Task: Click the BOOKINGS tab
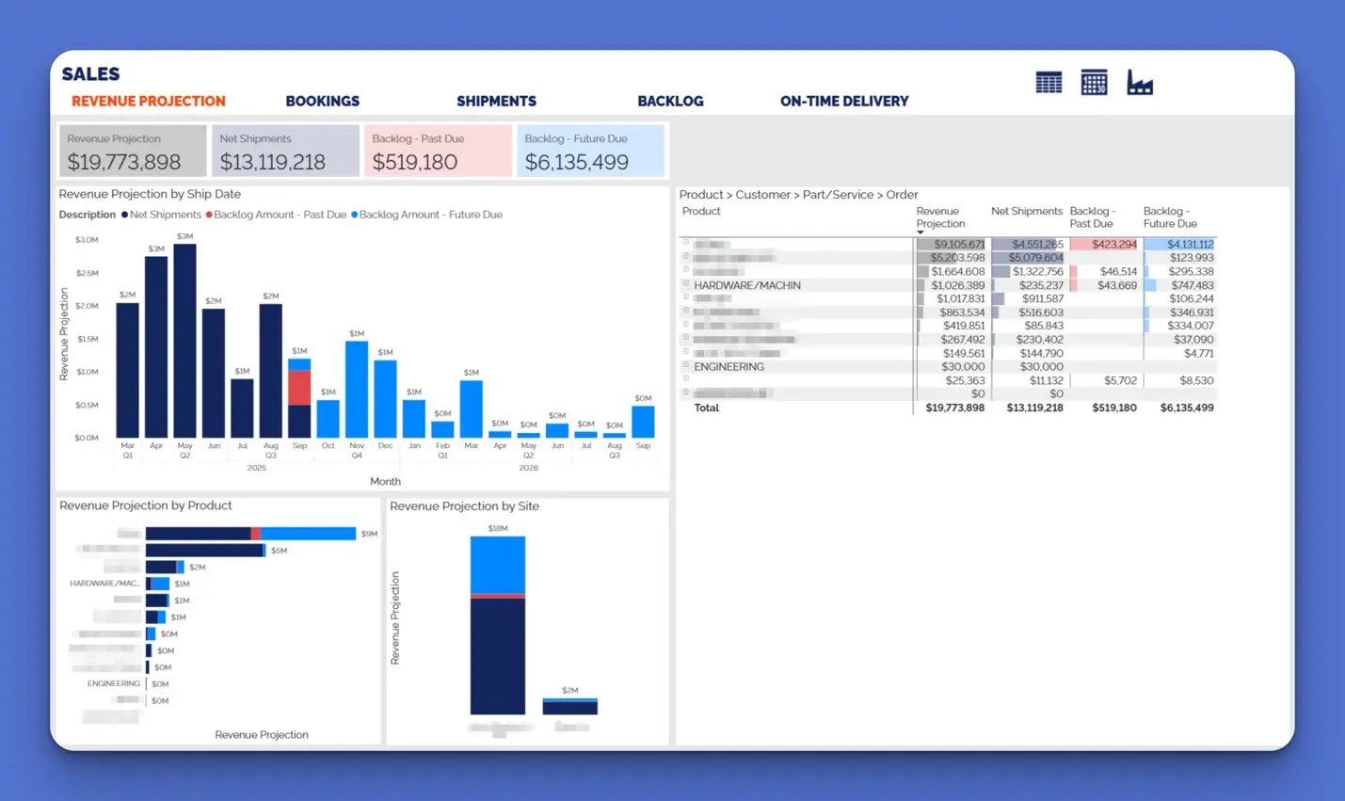(322, 101)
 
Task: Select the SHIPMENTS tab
(496, 101)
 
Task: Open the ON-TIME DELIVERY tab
(843, 101)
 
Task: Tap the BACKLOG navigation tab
(670, 101)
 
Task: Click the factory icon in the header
(1140, 84)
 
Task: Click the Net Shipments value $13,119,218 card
(285, 152)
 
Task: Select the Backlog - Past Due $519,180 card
(438, 152)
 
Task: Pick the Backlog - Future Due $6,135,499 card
(590, 152)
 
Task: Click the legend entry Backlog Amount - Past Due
(280, 215)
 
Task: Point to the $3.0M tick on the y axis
(87, 240)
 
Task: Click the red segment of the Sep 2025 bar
(299, 388)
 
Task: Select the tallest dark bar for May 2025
(184, 340)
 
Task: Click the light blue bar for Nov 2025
(357, 389)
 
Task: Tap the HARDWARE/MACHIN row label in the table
(747, 285)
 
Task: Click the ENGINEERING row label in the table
(729, 367)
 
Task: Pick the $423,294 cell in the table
(1113, 245)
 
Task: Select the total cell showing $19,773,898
(954, 409)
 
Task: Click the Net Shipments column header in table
(1026, 212)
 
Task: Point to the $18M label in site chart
(498, 528)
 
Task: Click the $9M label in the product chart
(369, 534)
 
